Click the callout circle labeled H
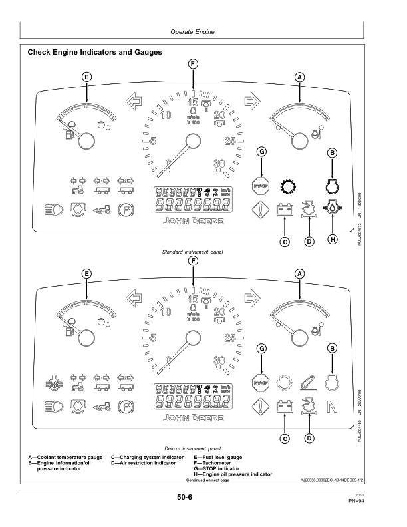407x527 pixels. pyautogui.click(x=331, y=238)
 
